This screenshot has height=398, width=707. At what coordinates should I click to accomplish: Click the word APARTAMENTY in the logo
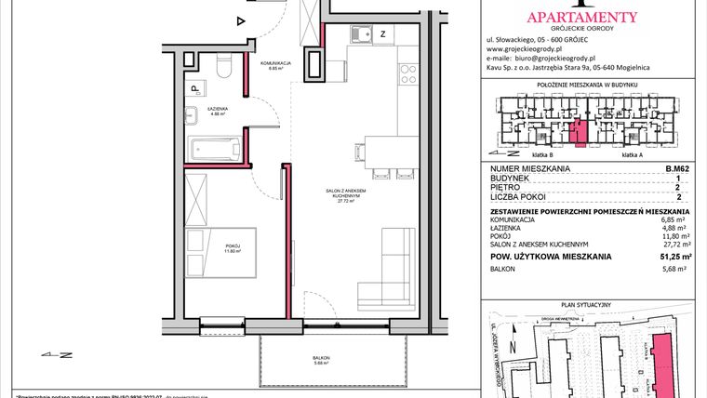(x=581, y=17)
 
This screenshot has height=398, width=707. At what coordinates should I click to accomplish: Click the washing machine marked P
(x=195, y=89)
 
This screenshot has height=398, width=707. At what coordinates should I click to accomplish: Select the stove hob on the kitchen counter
(x=409, y=70)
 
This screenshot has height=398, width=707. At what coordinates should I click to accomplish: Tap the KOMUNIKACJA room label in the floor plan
(x=275, y=63)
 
